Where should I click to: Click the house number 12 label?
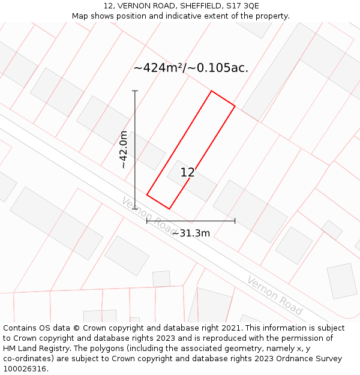point(187,173)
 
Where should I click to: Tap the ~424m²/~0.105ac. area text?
point(191,68)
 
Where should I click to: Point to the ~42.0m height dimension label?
point(124,150)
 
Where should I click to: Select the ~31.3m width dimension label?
point(191,233)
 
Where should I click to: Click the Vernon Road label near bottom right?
point(274,296)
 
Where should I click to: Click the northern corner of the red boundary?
point(211,91)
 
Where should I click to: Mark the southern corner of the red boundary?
point(169,209)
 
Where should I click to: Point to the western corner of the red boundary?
point(147,194)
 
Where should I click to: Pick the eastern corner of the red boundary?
point(235,107)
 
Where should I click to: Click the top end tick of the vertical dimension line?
point(135,91)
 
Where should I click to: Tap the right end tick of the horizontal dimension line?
point(235,221)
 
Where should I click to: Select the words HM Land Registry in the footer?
point(32,349)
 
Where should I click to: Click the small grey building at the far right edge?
point(342,281)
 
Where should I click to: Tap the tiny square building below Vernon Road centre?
point(161,279)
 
